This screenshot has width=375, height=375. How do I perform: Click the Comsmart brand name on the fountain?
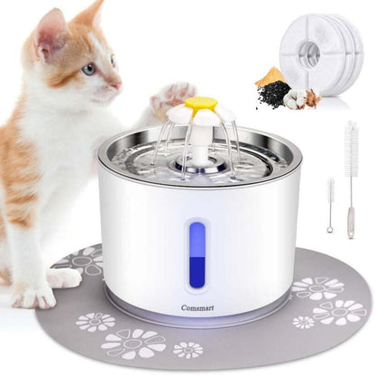click(x=197, y=307)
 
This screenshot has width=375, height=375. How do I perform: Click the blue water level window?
click(x=197, y=255)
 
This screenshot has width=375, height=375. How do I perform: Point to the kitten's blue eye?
click(x=89, y=69)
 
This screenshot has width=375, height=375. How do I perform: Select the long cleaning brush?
click(x=350, y=179)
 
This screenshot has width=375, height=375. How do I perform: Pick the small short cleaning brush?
click(x=331, y=205)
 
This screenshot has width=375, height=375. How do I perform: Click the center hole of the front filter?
click(x=311, y=49)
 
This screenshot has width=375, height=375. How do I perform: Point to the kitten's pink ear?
click(x=50, y=33)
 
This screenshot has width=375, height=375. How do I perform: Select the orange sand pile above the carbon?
click(x=270, y=76)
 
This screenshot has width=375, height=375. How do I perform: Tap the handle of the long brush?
click(x=351, y=223)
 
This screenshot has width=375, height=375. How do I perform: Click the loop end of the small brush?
click(x=330, y=229)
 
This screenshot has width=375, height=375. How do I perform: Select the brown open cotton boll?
click(x=313, y=96)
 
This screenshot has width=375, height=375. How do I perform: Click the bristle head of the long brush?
click(x=350, y=146)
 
